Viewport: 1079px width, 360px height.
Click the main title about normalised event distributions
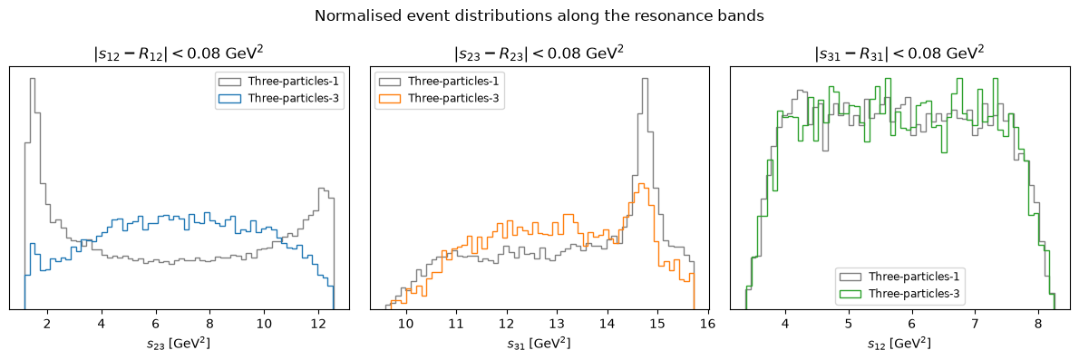(539, 16)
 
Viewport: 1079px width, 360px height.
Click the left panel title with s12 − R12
(180, 53)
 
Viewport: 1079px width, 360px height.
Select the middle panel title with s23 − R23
(539, 53)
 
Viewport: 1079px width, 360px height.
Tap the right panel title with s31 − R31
(899, 53)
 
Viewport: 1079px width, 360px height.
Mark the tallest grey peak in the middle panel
(645, 79)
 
